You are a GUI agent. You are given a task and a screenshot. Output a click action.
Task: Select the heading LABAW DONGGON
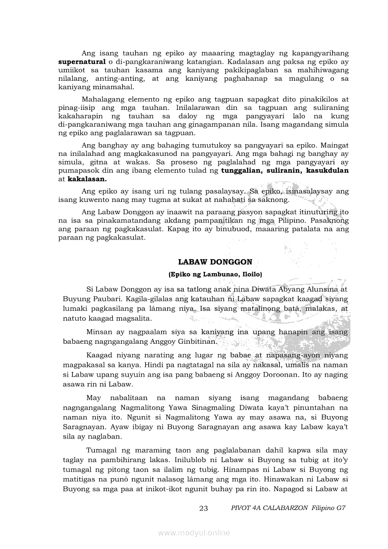[216, 262]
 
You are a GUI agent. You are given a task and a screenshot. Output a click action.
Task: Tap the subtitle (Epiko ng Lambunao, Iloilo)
[215, 274]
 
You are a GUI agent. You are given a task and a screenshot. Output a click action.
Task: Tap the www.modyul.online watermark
[194, 533]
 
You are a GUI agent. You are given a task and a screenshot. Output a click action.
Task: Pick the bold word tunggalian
[245, 170]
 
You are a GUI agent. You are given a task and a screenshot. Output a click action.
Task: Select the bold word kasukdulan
[327, 170]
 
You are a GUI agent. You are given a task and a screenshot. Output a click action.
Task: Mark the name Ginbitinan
[194, 341]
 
